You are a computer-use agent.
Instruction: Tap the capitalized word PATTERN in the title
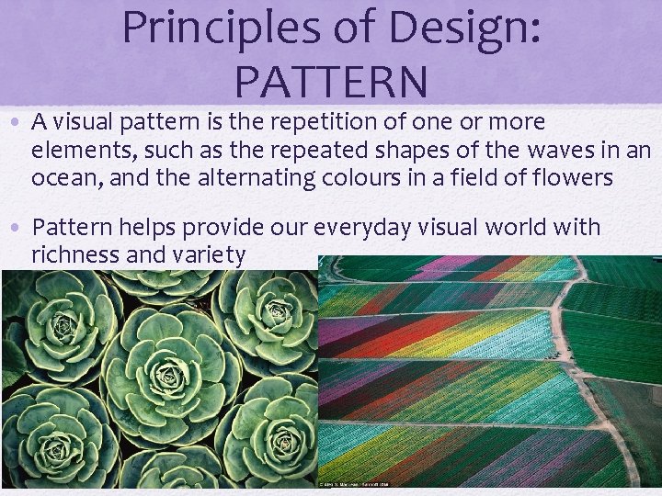click(331, 81)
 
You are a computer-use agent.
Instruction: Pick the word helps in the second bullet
click(144, 228)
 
